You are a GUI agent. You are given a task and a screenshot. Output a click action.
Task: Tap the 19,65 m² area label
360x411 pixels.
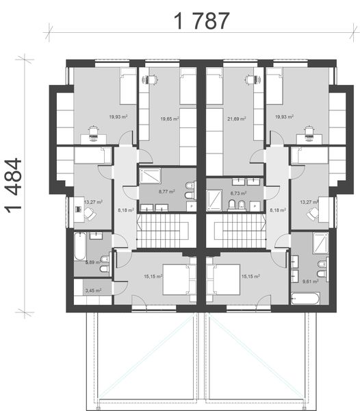[x=169, y=119]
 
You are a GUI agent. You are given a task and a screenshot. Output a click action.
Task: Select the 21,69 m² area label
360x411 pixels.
[x=237, y=119]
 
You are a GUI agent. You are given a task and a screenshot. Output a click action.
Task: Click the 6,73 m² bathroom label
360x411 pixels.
[x=237, y=194]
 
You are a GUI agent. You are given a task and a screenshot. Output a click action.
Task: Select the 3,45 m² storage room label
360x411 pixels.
[x=92, y=290]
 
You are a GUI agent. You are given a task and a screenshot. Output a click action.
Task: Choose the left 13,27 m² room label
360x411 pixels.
[x=94, y=202]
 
